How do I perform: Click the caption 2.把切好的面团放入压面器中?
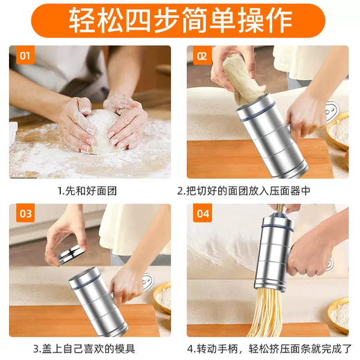(267, 190)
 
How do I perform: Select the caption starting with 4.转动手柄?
(267, 348)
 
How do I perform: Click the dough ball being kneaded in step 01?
(104, 132)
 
